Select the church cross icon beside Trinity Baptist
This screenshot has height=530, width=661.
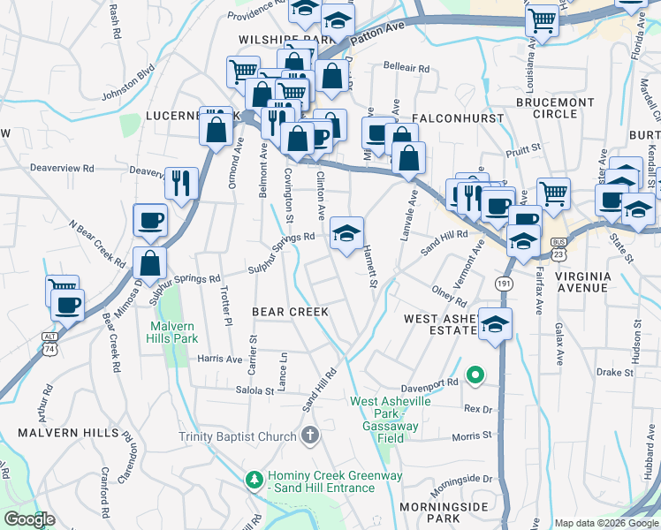(x=309, y=435)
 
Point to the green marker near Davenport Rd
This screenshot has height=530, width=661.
(x=475, y=375)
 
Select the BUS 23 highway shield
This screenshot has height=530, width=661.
(x=558, y=246)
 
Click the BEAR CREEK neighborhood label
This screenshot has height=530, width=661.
(x=290, y=312)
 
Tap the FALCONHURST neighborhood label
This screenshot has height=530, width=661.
(x=458, y=118)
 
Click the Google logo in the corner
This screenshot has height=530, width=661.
(x=28, y=519)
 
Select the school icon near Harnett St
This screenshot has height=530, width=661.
(x=347, y=234)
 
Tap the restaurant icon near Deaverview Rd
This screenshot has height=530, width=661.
(x=181, y=184)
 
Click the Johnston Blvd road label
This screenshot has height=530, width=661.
(x=128, y=79)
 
